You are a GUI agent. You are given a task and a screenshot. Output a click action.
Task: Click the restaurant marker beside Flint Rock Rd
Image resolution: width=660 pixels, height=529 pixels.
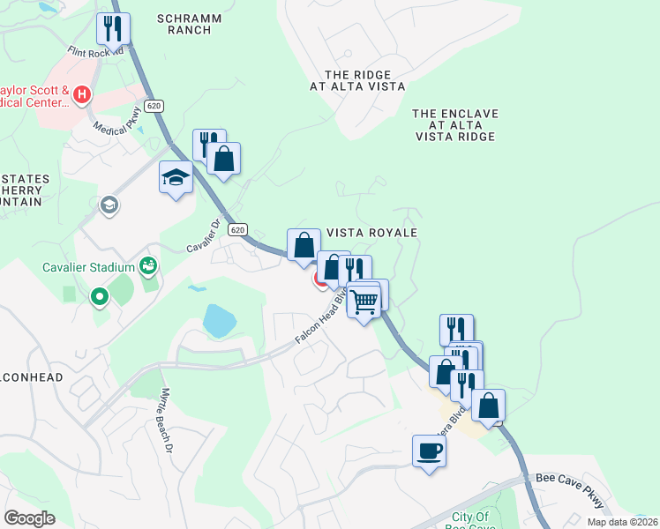pyautogui.click(x=114, y=29)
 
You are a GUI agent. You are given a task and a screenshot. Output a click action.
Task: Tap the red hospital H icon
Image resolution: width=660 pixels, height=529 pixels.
pyautogui.click(x=82, y=93)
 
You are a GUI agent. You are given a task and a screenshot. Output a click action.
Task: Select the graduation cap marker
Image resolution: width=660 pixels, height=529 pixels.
pyautogui.click(x=176, y=177)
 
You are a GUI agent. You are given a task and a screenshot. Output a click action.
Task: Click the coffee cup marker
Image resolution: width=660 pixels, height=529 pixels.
pyautogui.click(x=429, y=451)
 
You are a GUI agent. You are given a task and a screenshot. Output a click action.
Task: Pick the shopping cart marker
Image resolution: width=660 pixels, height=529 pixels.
pyautogui.click(x=364, y=302)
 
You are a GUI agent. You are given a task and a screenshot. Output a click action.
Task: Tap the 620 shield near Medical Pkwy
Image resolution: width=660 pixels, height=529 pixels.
pyautogui.click(x=154, y=106)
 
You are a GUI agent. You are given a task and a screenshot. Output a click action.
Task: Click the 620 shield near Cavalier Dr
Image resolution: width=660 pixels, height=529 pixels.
pyautogui.click(x=236, y=229)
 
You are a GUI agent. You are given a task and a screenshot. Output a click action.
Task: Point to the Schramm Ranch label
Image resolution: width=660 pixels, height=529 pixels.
pyautogui.click(x=189, y=24)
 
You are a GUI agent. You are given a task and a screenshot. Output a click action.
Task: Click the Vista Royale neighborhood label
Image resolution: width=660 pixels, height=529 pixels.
pyautogui.click(x=371, y=232)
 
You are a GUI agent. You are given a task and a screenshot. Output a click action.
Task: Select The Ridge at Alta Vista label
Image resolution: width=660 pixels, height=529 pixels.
pyautogui.click(x=357, y=81)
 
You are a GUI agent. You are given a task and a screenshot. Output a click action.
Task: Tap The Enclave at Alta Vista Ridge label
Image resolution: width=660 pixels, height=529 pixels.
pyautogui.click(x=455, y=125)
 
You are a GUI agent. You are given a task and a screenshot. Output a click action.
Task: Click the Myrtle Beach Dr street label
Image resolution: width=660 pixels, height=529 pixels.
pyautogui.click(x=165, y=421)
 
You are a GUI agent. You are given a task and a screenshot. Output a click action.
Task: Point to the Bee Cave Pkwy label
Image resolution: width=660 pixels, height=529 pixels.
pyautogui.click(x=571, y=489)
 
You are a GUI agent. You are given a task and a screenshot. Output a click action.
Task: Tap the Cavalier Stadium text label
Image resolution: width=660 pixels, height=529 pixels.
pyautogui.click(x=88, y=267)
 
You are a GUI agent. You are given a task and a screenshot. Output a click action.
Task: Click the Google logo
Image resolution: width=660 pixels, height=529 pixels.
pyautogui.click(x=29, y=518)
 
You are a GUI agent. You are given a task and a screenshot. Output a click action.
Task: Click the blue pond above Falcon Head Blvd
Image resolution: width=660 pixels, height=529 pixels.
pyautogui.click(x=218, y=321)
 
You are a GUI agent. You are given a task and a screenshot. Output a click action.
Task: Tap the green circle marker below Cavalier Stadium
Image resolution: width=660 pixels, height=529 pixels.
pyautogui.click(x=98, y=298)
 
